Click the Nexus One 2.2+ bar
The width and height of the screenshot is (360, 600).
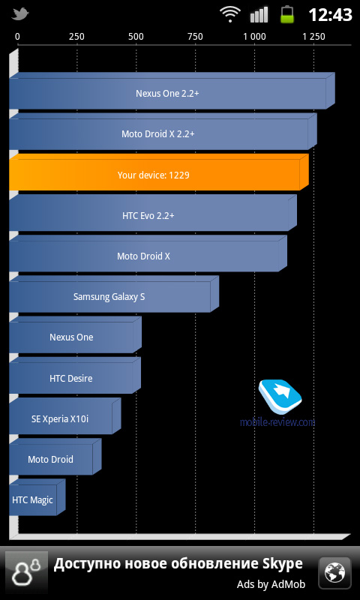coord(172,91)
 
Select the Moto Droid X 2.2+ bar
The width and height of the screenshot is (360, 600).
coord(163,131)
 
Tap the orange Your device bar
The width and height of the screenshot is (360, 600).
coord(159,172)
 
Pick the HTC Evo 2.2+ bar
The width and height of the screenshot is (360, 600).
coord(153,213)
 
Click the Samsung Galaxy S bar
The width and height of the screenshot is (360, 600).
coord(114,294)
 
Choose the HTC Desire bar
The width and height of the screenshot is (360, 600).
coord(75,376)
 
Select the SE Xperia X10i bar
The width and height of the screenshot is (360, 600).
coord(65,416)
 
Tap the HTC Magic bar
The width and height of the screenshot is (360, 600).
coord(37,497)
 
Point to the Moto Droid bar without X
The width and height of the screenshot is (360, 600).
coord(55,457)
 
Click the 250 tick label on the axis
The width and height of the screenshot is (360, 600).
coord(76,37)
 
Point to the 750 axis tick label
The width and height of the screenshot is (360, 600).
coord(195,37)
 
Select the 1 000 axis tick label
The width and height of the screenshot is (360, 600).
coord(254,37)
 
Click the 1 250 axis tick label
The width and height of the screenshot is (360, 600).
coord(313,37)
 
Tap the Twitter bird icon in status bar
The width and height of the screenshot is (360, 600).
coord(21,14)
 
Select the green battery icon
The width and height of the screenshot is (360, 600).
coord(287,14)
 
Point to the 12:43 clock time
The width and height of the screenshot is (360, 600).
coord(330,15)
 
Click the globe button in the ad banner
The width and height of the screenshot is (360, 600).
coord(334,572)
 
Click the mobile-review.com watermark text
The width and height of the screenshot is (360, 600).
coord(277,421)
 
